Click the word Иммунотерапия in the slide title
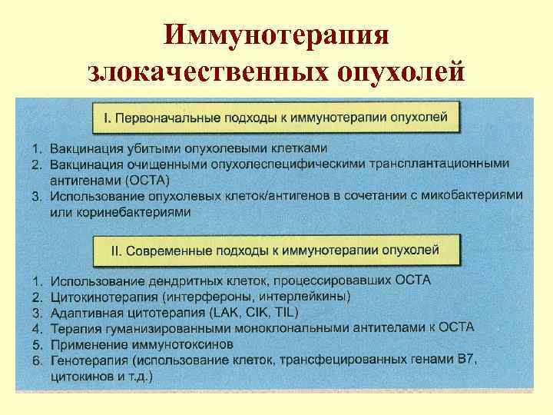277,36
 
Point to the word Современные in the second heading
164,250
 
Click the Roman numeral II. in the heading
111,250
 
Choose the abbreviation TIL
284,312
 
